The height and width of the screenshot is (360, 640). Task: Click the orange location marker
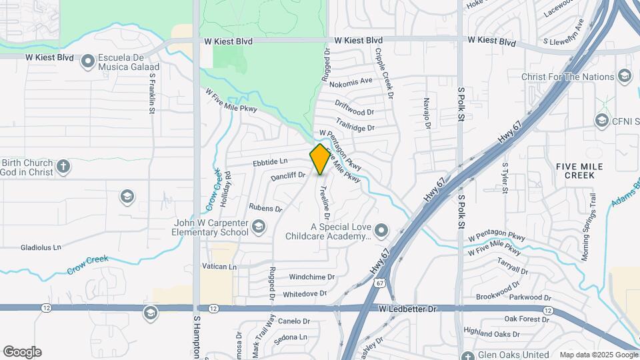320,159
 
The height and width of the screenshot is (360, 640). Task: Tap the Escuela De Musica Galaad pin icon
87,63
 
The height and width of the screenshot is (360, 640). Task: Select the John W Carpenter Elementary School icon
258,230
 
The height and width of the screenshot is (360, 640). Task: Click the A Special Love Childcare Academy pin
381,231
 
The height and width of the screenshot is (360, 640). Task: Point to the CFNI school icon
602,121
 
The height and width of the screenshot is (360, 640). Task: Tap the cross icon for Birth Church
63,166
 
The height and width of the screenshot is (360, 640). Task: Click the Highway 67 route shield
379,283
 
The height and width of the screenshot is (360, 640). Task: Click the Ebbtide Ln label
270,161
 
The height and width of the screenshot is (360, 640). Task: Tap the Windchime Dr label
308,277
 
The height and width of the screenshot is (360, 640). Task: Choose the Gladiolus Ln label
41,247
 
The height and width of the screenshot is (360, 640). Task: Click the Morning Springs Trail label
591,217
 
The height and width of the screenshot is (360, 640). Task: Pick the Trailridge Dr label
355,125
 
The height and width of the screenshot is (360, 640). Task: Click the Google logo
22,352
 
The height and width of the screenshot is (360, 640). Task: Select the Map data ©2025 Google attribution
598,355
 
